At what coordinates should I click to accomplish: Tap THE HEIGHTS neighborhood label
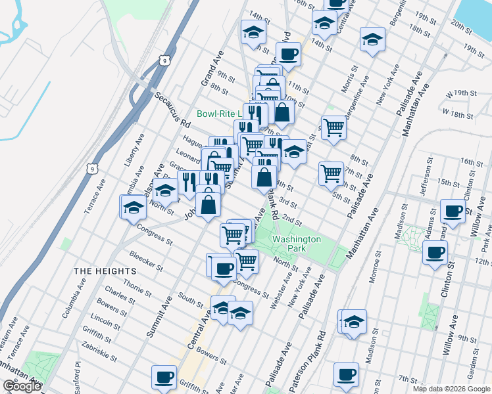click(105, 271)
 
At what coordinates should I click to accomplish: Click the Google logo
click(22, 386)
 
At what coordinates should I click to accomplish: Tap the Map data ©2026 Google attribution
click(451, 388)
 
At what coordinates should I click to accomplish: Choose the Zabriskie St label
click(99, 353)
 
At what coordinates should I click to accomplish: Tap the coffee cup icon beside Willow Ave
click(453, 210)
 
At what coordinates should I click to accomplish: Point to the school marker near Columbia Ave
click(133, 207)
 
